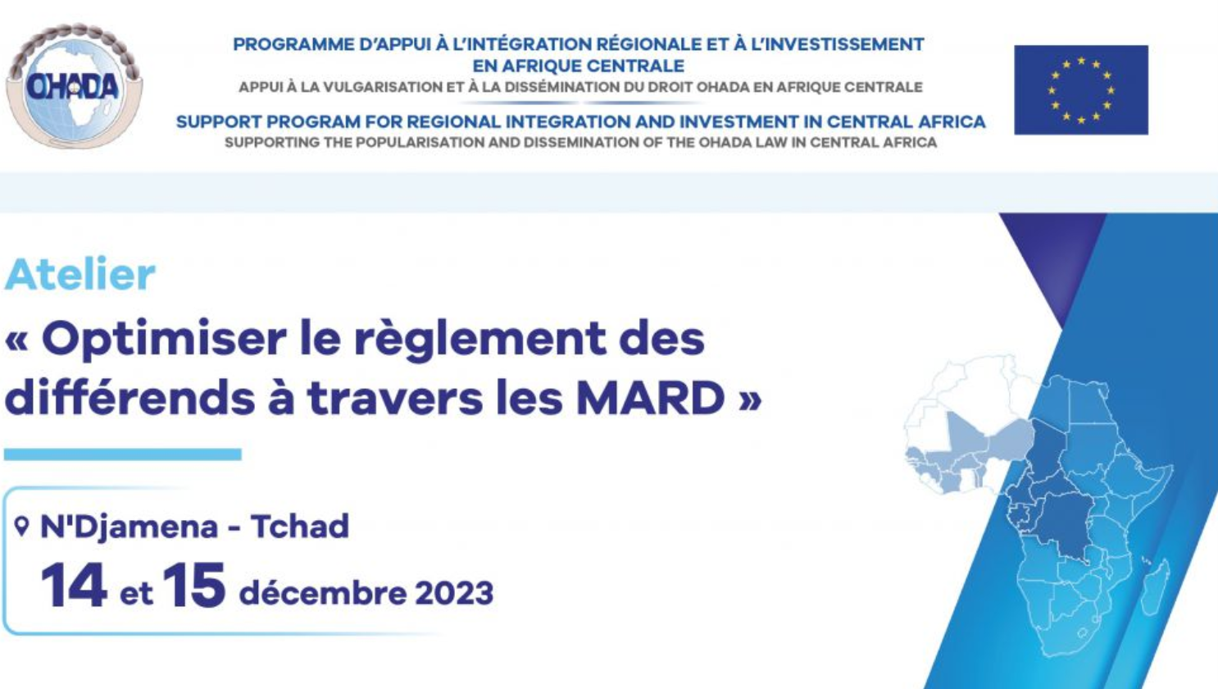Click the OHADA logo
75,86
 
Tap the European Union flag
1081,89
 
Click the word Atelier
80,274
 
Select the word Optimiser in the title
164,340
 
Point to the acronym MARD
651,397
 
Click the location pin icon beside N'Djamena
21,527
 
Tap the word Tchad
300,527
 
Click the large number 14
74,586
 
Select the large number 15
193,586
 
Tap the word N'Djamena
130,527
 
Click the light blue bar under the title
123,454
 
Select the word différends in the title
130,397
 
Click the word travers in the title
395,397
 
